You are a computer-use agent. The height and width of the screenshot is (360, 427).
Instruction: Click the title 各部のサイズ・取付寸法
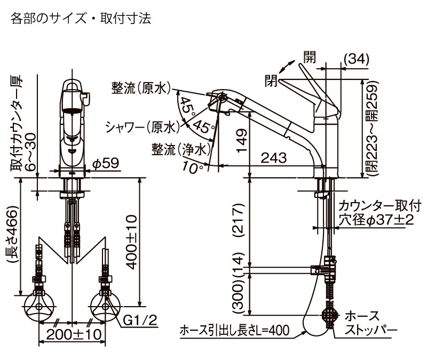pos(81,19)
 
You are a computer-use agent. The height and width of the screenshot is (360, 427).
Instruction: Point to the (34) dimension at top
pos(355,60)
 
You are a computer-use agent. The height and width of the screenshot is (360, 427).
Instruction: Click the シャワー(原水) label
pos(140,127)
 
